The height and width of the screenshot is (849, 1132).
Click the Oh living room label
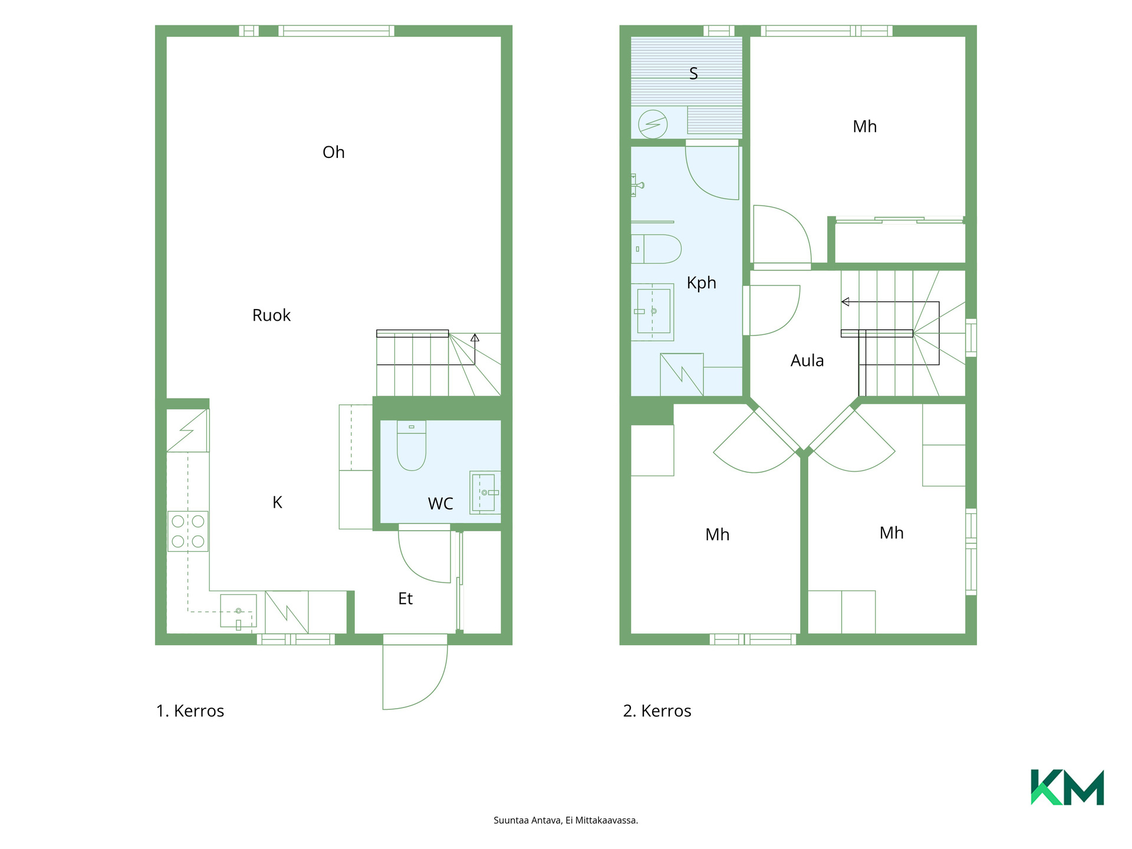(x=333, y=152)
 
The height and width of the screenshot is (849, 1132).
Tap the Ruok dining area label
(x=271, y=315)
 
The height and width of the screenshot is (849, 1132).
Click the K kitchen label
(x=277, y=502)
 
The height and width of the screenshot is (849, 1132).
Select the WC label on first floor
(x=440, y=504)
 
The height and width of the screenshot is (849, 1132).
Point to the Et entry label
(x=405, y=598)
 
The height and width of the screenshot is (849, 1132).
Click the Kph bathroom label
(x=702, y=283)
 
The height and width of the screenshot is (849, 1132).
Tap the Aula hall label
(x=807, y=360)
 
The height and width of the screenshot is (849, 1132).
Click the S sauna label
(x=694, y=74)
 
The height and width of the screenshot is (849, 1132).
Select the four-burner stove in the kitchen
(x=188, y=531)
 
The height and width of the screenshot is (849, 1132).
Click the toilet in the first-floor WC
(x=412, y=445)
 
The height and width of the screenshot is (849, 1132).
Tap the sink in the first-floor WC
(x=485, y=492)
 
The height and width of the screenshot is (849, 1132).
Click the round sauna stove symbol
(x=653, y=124)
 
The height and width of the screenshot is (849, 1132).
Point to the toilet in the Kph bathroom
(x=656, y=249)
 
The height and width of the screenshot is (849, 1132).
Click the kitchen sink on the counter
(x=238, y=611)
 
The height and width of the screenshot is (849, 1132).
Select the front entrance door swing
(x=415, y=672)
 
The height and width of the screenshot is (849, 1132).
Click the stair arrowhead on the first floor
(x=475, y=338)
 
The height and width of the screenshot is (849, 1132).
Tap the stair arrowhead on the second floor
(x=845, y=302)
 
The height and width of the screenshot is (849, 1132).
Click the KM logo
(x=1067, y=787)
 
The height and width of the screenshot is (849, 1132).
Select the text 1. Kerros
(x=190, y=711)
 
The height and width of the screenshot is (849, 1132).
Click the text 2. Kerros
(x=657, y=711)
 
